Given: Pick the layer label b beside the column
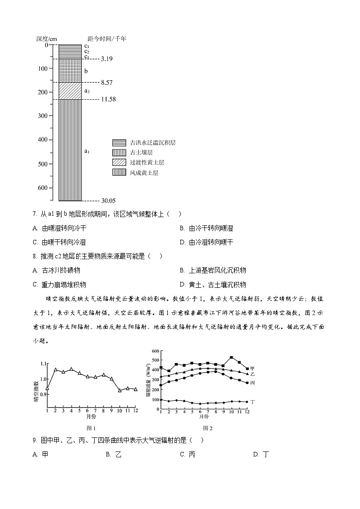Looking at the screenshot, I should (x=86, y=71).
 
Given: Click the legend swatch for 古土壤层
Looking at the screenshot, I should (x=119, y=153).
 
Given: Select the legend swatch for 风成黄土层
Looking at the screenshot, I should (x=119, y=173).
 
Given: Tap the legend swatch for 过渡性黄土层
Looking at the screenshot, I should (x=119, y=163).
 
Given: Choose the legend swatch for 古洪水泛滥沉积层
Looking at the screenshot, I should (x=119, y=143).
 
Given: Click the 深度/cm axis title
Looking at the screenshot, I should (x=47, y=39).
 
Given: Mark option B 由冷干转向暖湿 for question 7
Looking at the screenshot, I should (x=206, y=228).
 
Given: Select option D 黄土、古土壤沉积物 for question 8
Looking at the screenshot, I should (x=213, y=285).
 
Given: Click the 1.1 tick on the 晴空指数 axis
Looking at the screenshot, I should (x=43, y=364).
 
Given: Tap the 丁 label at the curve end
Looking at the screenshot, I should (x=253, y=402).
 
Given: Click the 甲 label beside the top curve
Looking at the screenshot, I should (x=253, y=368).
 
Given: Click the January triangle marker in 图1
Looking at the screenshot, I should (x=47, y=388).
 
